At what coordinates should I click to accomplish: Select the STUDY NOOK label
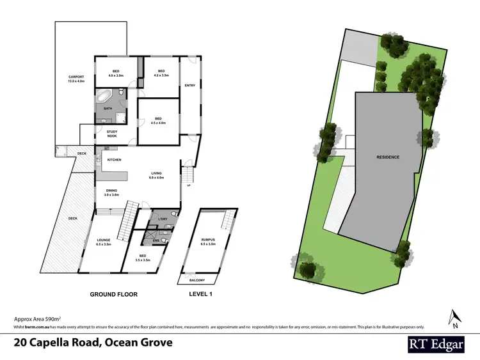112,133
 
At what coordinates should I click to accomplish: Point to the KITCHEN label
114,160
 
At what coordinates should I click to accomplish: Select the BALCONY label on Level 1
197,279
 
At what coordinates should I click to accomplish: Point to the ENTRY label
190,85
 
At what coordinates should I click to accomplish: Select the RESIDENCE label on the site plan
388,157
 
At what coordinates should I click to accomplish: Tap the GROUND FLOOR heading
113,294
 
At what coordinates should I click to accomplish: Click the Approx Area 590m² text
37,318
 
